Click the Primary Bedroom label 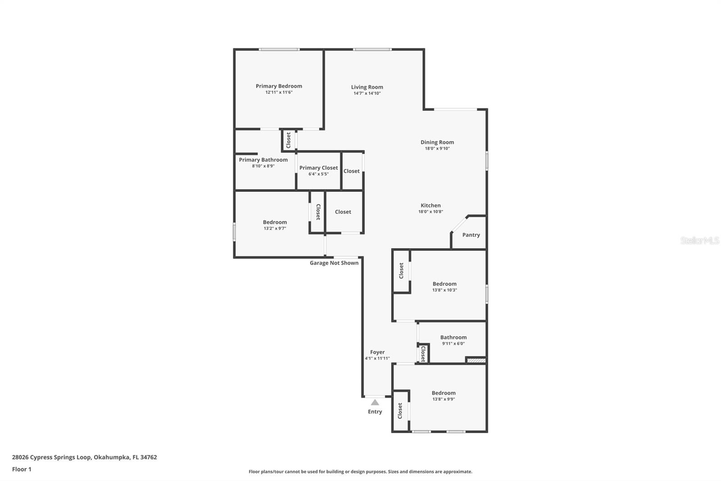(x=278, y=86)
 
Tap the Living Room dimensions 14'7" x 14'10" (x=367, y=93)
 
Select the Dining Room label (x=437, y=142)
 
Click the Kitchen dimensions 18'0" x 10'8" (x=430, y=212)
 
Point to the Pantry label (x=471, y=235)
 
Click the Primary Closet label (x=318, y=168)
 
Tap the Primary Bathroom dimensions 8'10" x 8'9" (x=263, y=166)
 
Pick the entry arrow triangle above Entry (x=375, y=402)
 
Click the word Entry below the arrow (x=375, y=412)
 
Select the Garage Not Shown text (x=334, y=263)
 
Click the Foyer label (x=377, y=352)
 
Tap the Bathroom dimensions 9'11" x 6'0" (x=453, y=343)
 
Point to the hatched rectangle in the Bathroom (x=476, y=360)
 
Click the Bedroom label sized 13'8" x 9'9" (x=443, y=393)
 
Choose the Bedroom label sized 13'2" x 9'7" (x=275, y=222)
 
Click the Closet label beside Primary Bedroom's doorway (x=288, y=140)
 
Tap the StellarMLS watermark (x=699, y=241)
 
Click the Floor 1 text (x=22, y=469)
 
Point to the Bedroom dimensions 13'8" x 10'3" (x=444, y=290)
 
